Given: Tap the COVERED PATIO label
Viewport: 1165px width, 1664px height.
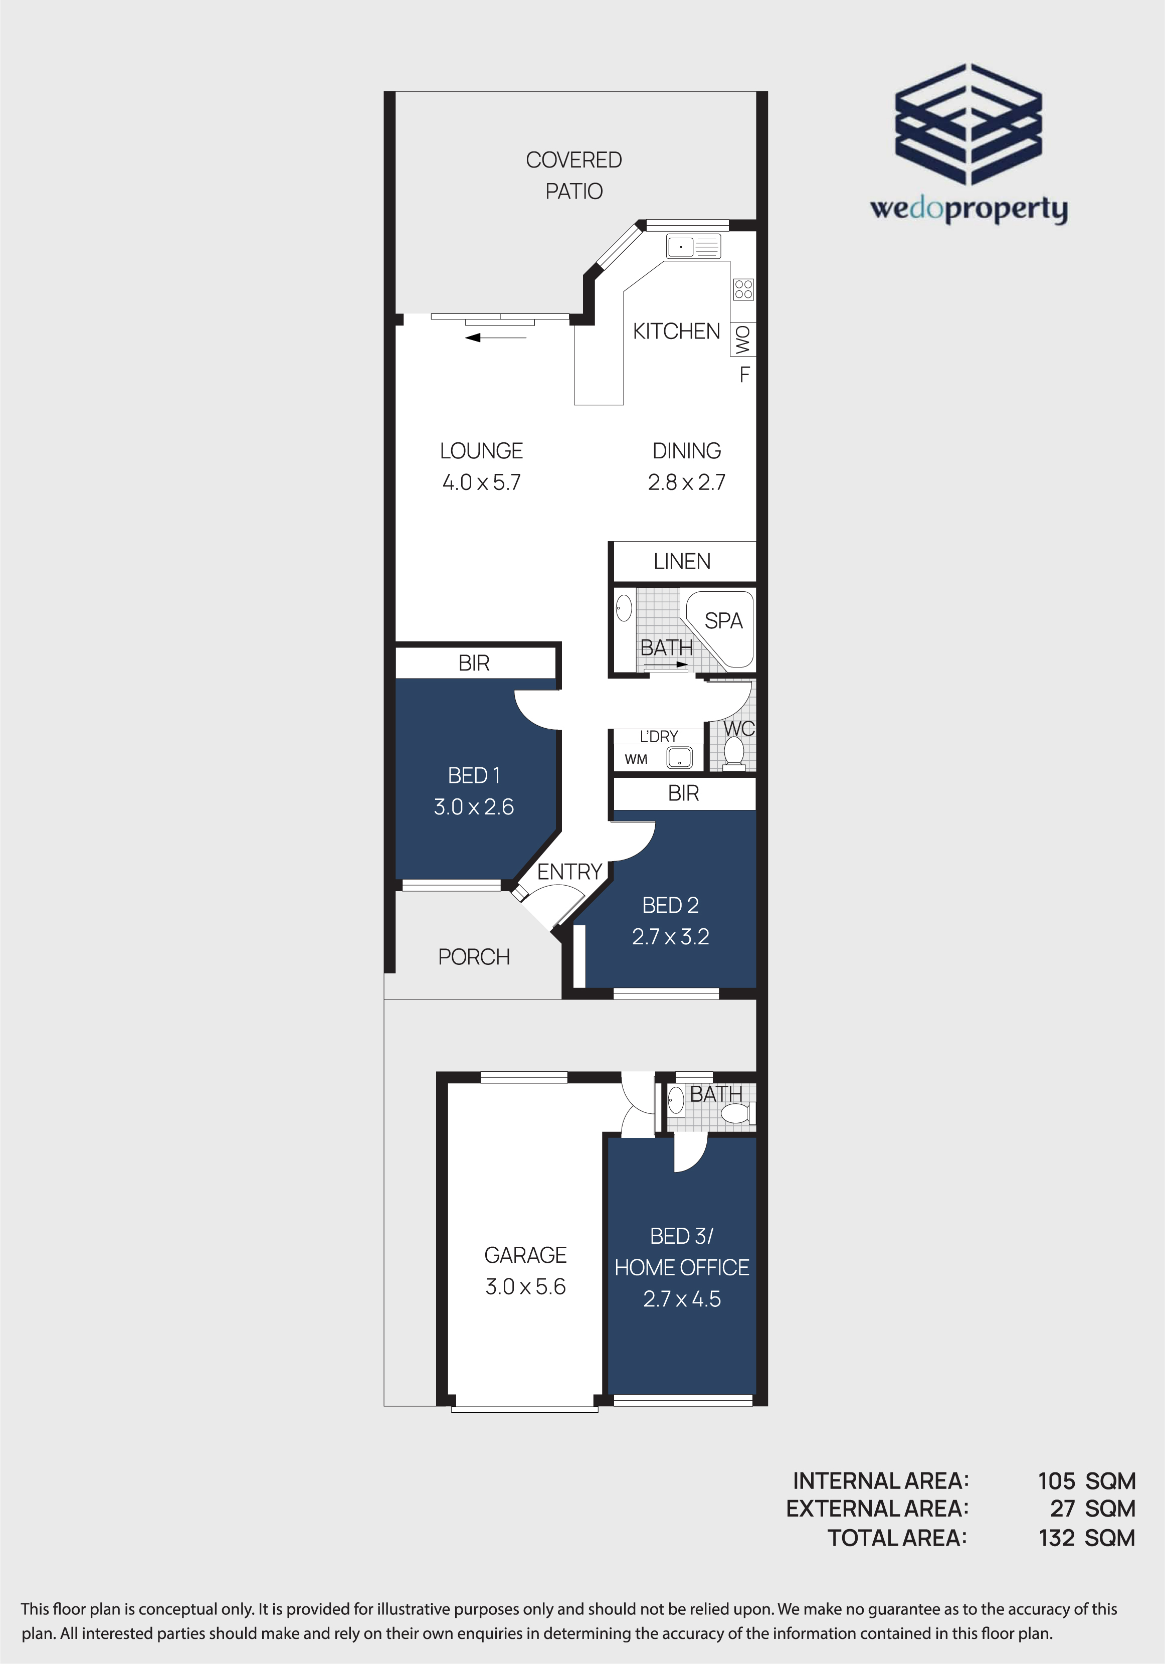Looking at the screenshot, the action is pyautogui.click(x=574, y=176).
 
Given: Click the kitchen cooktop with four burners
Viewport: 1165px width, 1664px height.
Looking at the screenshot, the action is pyautogui.click(x=743, y=289).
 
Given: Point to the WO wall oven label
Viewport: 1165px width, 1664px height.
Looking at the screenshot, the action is pyautogui.click(x=742, y=339).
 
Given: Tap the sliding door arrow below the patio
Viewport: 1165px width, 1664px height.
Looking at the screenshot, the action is pyautogui.click(x=496, y=338).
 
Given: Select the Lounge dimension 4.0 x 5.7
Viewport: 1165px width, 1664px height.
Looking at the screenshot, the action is pyautogui.click(x=482, y=482).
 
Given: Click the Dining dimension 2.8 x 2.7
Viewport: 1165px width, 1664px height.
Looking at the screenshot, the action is pyautogui.click(x=687, y=482).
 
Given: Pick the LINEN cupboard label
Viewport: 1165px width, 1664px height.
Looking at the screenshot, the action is pyautogui.click(x=682, y=562).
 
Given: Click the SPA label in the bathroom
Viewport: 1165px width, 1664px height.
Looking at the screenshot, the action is pyautogui.click(x=724, y=621).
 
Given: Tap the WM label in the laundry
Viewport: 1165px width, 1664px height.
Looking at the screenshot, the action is pyautogui.click(x=636, y=759).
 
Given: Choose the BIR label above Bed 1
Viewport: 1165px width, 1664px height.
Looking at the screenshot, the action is pyautogui.click(x=474, y=663).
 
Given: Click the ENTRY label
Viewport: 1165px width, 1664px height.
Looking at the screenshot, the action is pyautogui.click(x=569, y=872).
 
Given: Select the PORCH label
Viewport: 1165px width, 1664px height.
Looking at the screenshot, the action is pyautogui.click(x=474, y=957).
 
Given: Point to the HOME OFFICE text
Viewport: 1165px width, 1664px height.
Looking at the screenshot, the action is pyautogui.click(x=682, y=1268).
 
